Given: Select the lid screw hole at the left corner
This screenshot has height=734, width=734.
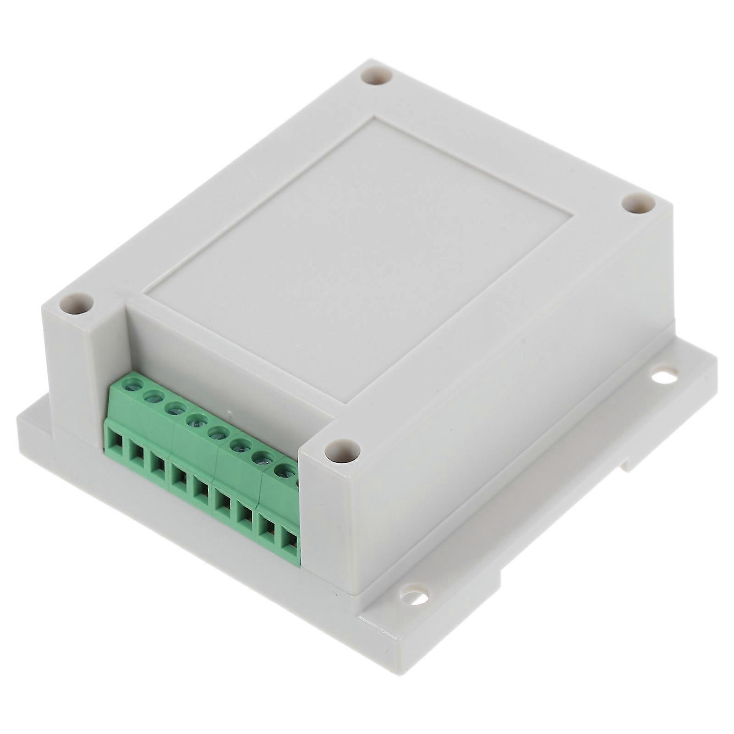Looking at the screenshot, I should pos(77,304).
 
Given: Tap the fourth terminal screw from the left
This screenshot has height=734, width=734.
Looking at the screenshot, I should pos(196,419).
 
